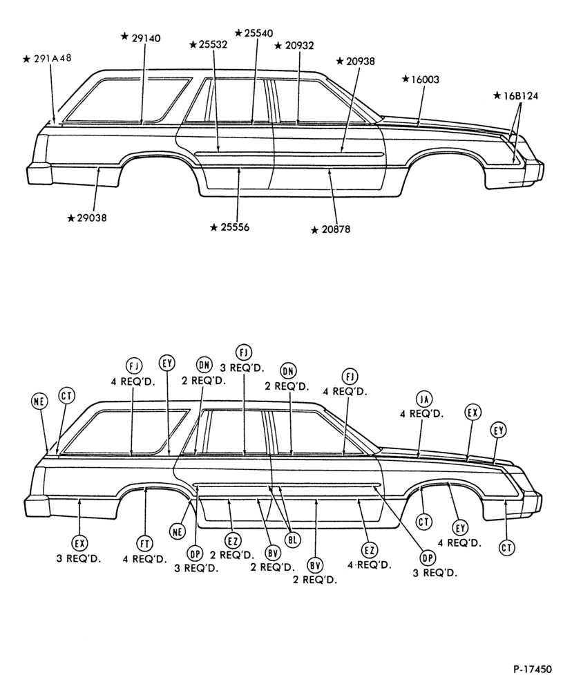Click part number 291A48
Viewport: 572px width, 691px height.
(53, 58)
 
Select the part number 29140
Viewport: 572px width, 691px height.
(146, 38)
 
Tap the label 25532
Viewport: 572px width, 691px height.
(213, 44)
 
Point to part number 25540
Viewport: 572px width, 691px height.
(258, 33)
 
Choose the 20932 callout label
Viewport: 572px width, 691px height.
(299, 46)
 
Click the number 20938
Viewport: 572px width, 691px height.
(360, 61)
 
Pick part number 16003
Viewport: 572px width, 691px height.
(426, 79)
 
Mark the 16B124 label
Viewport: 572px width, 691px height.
(520, 95)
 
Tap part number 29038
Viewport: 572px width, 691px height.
(92, 218)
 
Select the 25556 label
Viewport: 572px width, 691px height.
(235, 227)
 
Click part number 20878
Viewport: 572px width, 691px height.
(336, 229)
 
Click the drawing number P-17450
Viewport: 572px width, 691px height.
(533, 669)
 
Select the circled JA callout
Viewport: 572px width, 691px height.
(424, 399)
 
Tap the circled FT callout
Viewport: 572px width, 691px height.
(144, 544)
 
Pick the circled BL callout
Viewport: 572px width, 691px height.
(292, 540)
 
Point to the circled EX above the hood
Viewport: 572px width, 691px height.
(473, 413)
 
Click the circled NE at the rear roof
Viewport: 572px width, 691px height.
(39, 400)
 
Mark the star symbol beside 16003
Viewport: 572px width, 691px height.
(406, 79)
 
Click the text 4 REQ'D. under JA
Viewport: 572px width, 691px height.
(421, 414)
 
